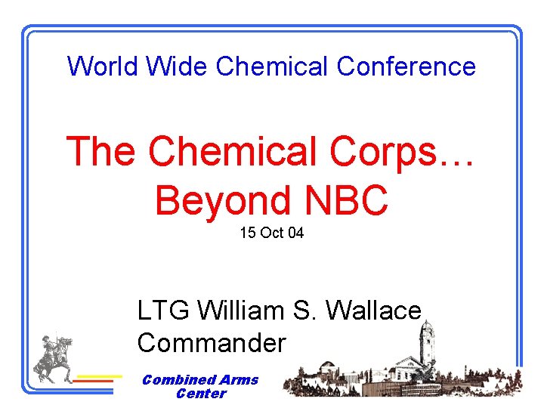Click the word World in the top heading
coord(104,66)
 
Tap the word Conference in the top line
coord(406,66)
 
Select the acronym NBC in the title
coord(346,201)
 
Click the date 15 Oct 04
coord(271,233)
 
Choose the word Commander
coord(212,343)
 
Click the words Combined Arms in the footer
coord(200,380)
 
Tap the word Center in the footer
coord(200,394)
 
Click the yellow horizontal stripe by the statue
coord(100,376)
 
